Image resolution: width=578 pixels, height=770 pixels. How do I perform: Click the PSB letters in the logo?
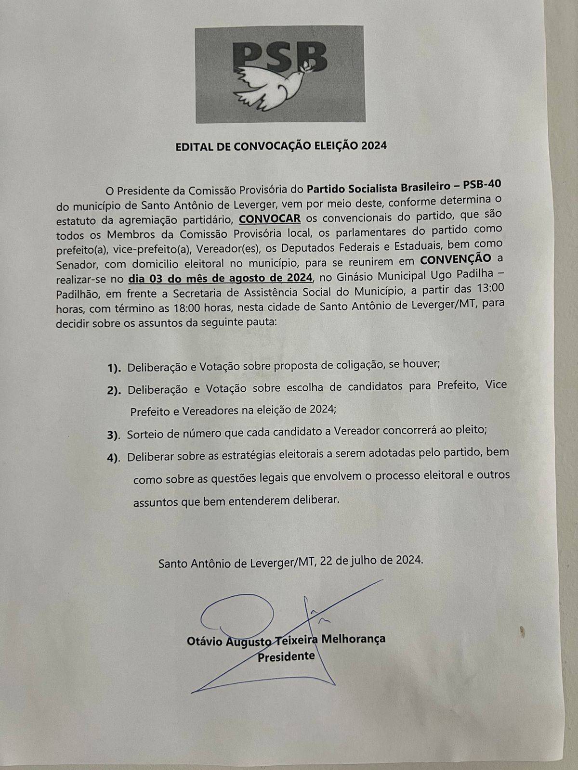[280, 55]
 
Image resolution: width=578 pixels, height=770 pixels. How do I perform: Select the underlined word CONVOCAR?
[270, 218]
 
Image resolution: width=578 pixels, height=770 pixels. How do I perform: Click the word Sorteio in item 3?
[145, 433]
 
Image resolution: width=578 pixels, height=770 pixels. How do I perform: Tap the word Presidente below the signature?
[286, 657]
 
